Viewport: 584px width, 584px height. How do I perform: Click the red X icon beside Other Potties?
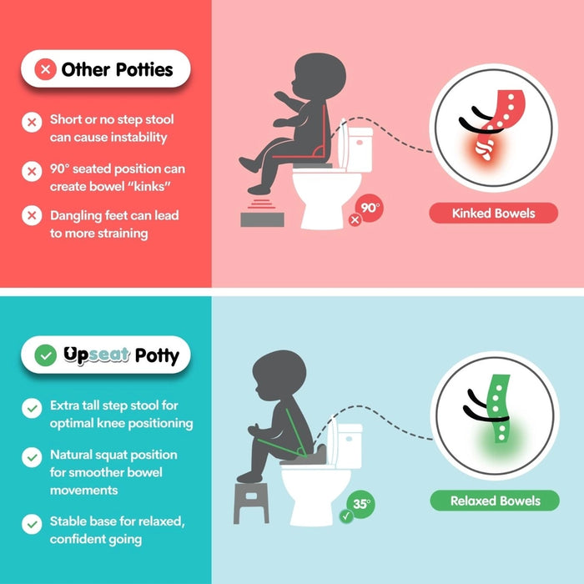pos(45,69)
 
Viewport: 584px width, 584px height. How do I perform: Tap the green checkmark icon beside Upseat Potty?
pos(45,355)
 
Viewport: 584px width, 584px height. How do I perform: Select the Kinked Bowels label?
pos(494,213)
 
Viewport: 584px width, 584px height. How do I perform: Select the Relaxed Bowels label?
pos(495,501)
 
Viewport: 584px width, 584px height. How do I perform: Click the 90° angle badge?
pos(370,208)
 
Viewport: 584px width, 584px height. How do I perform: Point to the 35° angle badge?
pos(361,504)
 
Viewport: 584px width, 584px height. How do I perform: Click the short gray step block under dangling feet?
pos(262,219)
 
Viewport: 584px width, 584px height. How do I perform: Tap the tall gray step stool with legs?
pos(251,503)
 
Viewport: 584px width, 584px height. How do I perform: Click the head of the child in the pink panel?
pos(319,77)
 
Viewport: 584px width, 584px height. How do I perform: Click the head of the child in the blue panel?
pos(279,375)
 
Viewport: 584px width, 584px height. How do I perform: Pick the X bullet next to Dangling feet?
pos(32,215)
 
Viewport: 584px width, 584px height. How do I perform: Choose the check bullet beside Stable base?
pos(32,524)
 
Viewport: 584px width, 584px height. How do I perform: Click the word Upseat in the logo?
pos(96,355)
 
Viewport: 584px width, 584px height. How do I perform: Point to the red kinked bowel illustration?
pos(497,123)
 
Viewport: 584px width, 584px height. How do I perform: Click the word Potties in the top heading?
pos(144,69)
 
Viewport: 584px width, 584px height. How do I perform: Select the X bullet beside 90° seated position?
pos(32,171)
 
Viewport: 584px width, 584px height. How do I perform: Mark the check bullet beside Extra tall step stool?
pos(32,408)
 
